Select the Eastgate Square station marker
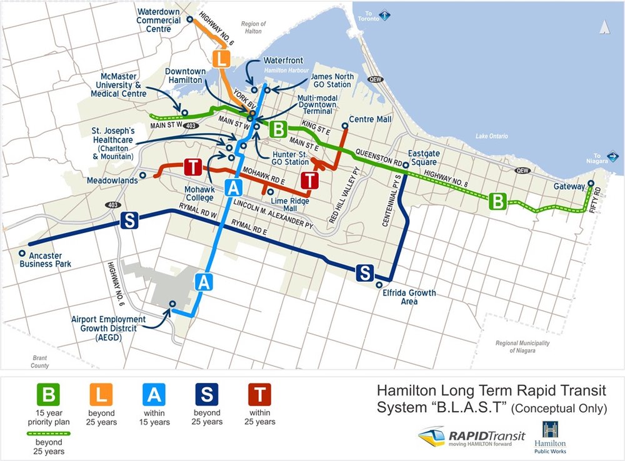tap(406, 165)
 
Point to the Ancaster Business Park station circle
tap(22, 254)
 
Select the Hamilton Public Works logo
tap(550, 437)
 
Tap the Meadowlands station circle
tap(143, 176)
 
